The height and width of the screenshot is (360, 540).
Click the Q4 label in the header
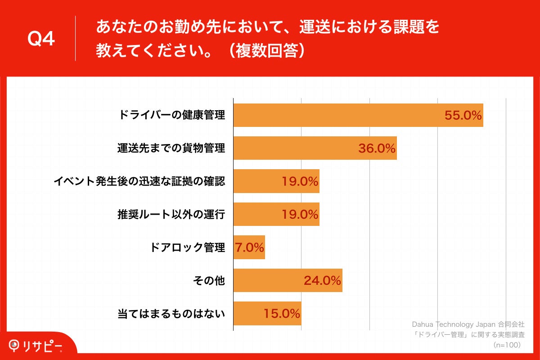pyautogui.click(x=41, y=39)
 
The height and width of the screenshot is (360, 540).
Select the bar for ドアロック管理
pyautogui.click(x=249, y=247)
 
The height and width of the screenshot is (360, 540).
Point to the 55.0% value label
pyautogui.click(x=463, y=115)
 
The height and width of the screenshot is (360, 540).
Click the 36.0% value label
pyautogui.click(x=377, y=148)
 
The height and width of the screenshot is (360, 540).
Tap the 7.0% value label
pyautogui.click(x=249, y=247)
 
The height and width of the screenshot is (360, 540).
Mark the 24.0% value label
pyautogui.click(x=322, y=280)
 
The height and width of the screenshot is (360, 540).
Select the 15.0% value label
pyautogui.click(x=281, y=314)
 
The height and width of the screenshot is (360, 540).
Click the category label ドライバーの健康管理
pyautogui.click(x=171, y=115)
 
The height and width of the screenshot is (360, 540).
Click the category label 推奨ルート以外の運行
pyautogui.click(x=171, y=214)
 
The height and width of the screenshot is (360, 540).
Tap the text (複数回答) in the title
pyautogui.click(x=268, y=50)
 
